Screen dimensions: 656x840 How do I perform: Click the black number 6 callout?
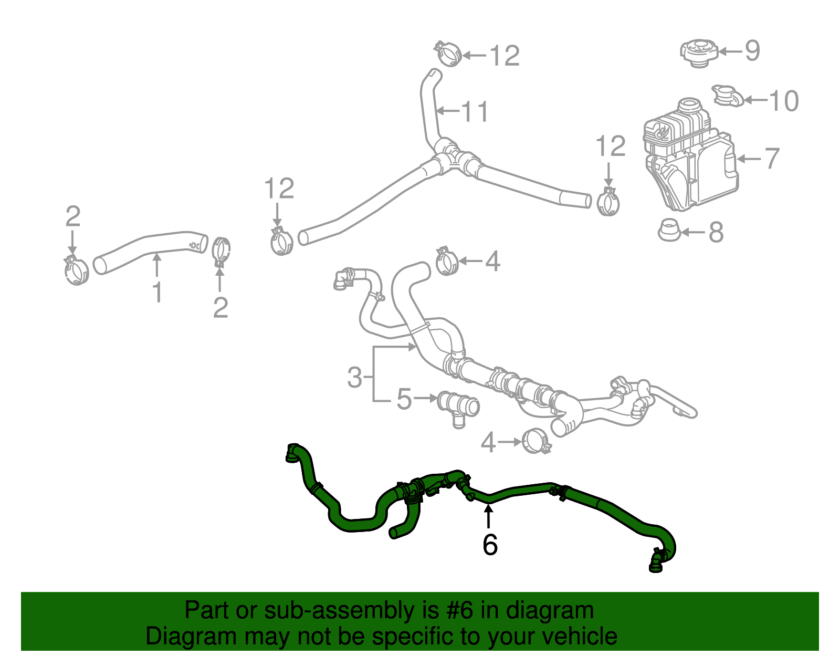point(489,545)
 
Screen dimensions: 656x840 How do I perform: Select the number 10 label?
point(783,100)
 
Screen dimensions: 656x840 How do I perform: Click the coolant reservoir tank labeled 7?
point(690,158)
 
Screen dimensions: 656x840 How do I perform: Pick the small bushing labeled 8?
point(669,230)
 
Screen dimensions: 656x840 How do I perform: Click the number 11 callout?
point(475,111)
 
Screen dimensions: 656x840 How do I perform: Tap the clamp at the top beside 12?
point(448,54)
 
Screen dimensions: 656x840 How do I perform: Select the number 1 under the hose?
point(157,292)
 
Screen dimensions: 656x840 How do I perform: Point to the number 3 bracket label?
point(355,377)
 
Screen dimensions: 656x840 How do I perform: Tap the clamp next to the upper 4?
point(447,261)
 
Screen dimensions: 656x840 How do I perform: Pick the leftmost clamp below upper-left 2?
point(76,270)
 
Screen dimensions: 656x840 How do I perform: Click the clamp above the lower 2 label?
point(222,251)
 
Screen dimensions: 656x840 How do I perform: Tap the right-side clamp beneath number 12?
point(608,202)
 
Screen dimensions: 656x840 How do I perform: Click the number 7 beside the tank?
point(771,158)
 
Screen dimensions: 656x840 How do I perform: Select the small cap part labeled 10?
point(728,96)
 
